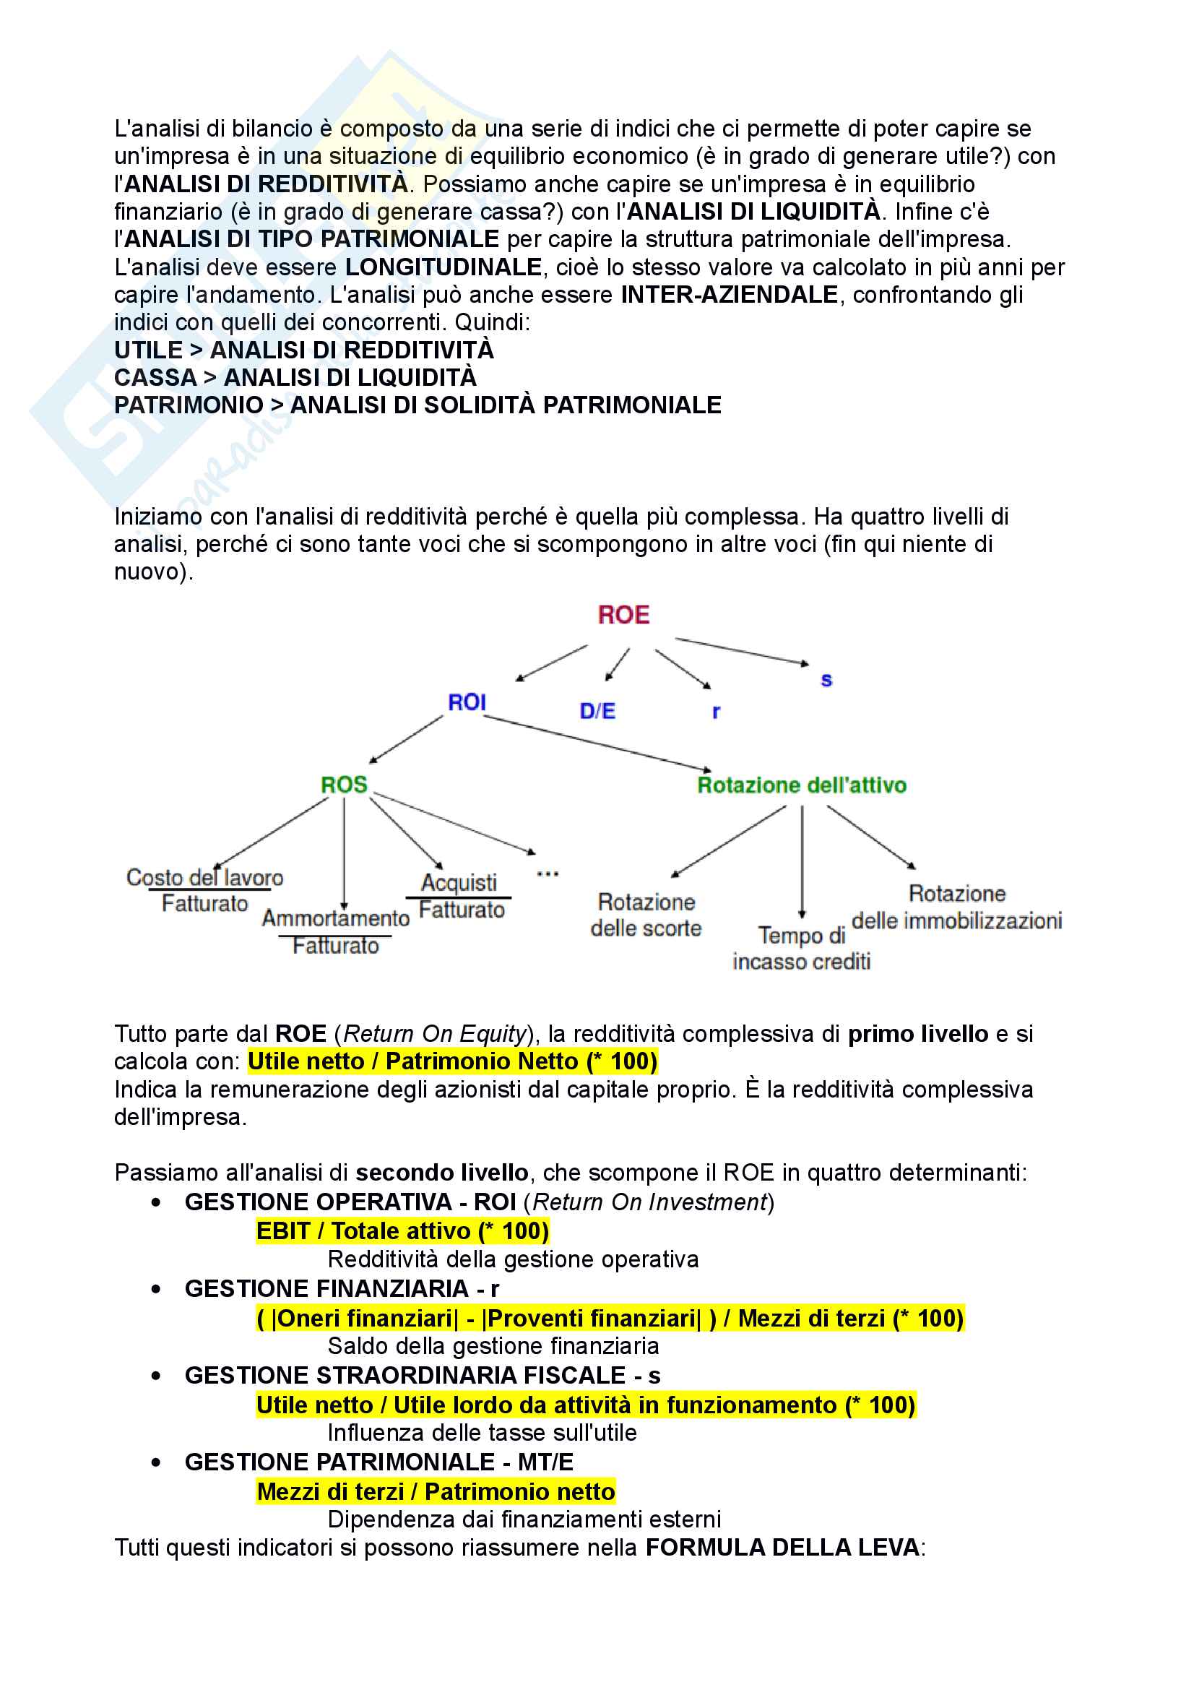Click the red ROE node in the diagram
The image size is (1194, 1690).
623,615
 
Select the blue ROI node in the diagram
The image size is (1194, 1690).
467,702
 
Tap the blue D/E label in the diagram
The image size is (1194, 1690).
597,711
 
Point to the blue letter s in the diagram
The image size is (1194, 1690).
826,680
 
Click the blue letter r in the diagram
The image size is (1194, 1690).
716,712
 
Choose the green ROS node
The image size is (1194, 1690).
344,785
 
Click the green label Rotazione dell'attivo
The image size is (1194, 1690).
801,785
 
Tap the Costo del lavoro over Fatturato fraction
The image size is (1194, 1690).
204,891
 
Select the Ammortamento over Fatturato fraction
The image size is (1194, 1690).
335,932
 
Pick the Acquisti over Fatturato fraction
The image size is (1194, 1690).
460,897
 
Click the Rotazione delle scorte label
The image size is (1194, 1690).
646,915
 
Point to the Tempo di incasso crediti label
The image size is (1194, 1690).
801,948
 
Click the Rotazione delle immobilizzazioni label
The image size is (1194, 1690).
956,907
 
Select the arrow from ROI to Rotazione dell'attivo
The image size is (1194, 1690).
596,743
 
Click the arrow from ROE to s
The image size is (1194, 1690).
742,651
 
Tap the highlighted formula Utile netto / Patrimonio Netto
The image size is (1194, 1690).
451,1061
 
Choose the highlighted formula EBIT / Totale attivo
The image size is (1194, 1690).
402,1230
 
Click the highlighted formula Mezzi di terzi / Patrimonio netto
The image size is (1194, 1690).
436,1491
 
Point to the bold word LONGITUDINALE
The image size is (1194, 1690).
444,267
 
